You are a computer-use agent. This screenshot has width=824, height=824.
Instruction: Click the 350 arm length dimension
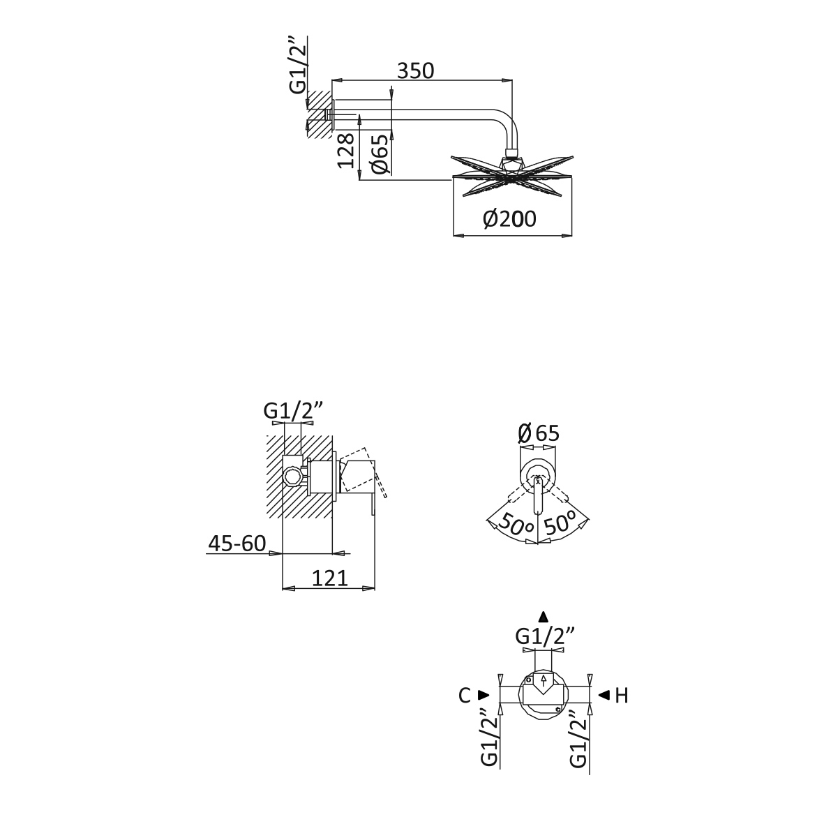[415, 70]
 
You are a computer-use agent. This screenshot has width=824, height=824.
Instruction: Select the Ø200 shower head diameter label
[509, 218]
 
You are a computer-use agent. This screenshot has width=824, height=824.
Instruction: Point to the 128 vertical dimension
[346, 151]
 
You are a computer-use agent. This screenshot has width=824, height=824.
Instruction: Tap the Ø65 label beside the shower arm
[380, 154]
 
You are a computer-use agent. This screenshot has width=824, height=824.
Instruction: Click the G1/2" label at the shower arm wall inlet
[298, 65]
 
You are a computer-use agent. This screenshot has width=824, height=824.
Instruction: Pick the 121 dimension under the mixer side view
[330, 578]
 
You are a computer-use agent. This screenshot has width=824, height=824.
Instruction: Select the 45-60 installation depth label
[237, 544]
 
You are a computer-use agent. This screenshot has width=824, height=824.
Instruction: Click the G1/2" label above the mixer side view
[293, 410]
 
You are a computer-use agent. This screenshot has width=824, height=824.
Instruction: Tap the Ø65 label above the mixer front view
[539, 433]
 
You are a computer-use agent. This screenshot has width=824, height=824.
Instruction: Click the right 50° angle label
[559, 523]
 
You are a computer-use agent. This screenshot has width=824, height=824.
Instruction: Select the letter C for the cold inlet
[464, 695]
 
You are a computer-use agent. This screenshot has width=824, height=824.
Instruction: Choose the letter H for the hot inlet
[622, 695]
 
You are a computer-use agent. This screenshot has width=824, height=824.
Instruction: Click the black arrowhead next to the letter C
[484, 695]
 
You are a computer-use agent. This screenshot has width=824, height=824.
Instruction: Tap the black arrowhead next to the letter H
[604, 695]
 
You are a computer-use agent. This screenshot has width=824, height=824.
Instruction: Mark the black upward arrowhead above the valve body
[544, 616]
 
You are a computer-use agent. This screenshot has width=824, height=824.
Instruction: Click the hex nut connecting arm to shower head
[511, 154]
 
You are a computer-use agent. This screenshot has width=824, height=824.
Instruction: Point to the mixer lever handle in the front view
[539, 495]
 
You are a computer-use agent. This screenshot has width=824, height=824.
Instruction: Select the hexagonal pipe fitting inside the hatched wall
[292, 477]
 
